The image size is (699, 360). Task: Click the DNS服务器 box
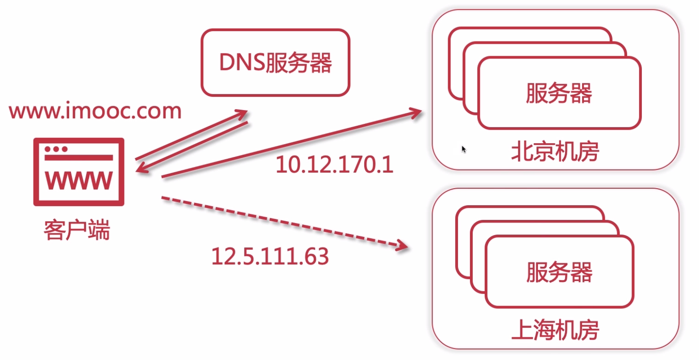tap(275, 62)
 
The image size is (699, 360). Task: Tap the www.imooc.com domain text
tap(95, 111)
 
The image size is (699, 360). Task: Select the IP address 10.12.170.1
tap(334, 165)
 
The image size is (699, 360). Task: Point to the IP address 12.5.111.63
tap(270, 256)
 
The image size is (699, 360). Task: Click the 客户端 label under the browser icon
tap(77, 230)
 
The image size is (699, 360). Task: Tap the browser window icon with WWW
tap(79, 172)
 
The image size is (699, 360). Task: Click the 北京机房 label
tap(555, 152)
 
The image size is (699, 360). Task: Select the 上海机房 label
tap(555, 330)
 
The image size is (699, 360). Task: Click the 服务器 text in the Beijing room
tap(558, 93)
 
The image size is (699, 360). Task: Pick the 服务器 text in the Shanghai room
tap(559, 272)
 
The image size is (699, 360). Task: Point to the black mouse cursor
tap(464, 149)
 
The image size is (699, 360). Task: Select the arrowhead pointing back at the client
tap(142, 168)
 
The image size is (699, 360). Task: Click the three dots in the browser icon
tap(56, 149)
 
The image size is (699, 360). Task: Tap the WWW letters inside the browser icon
tap(79, 180)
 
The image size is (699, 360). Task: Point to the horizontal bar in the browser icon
tap(79, 157)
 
